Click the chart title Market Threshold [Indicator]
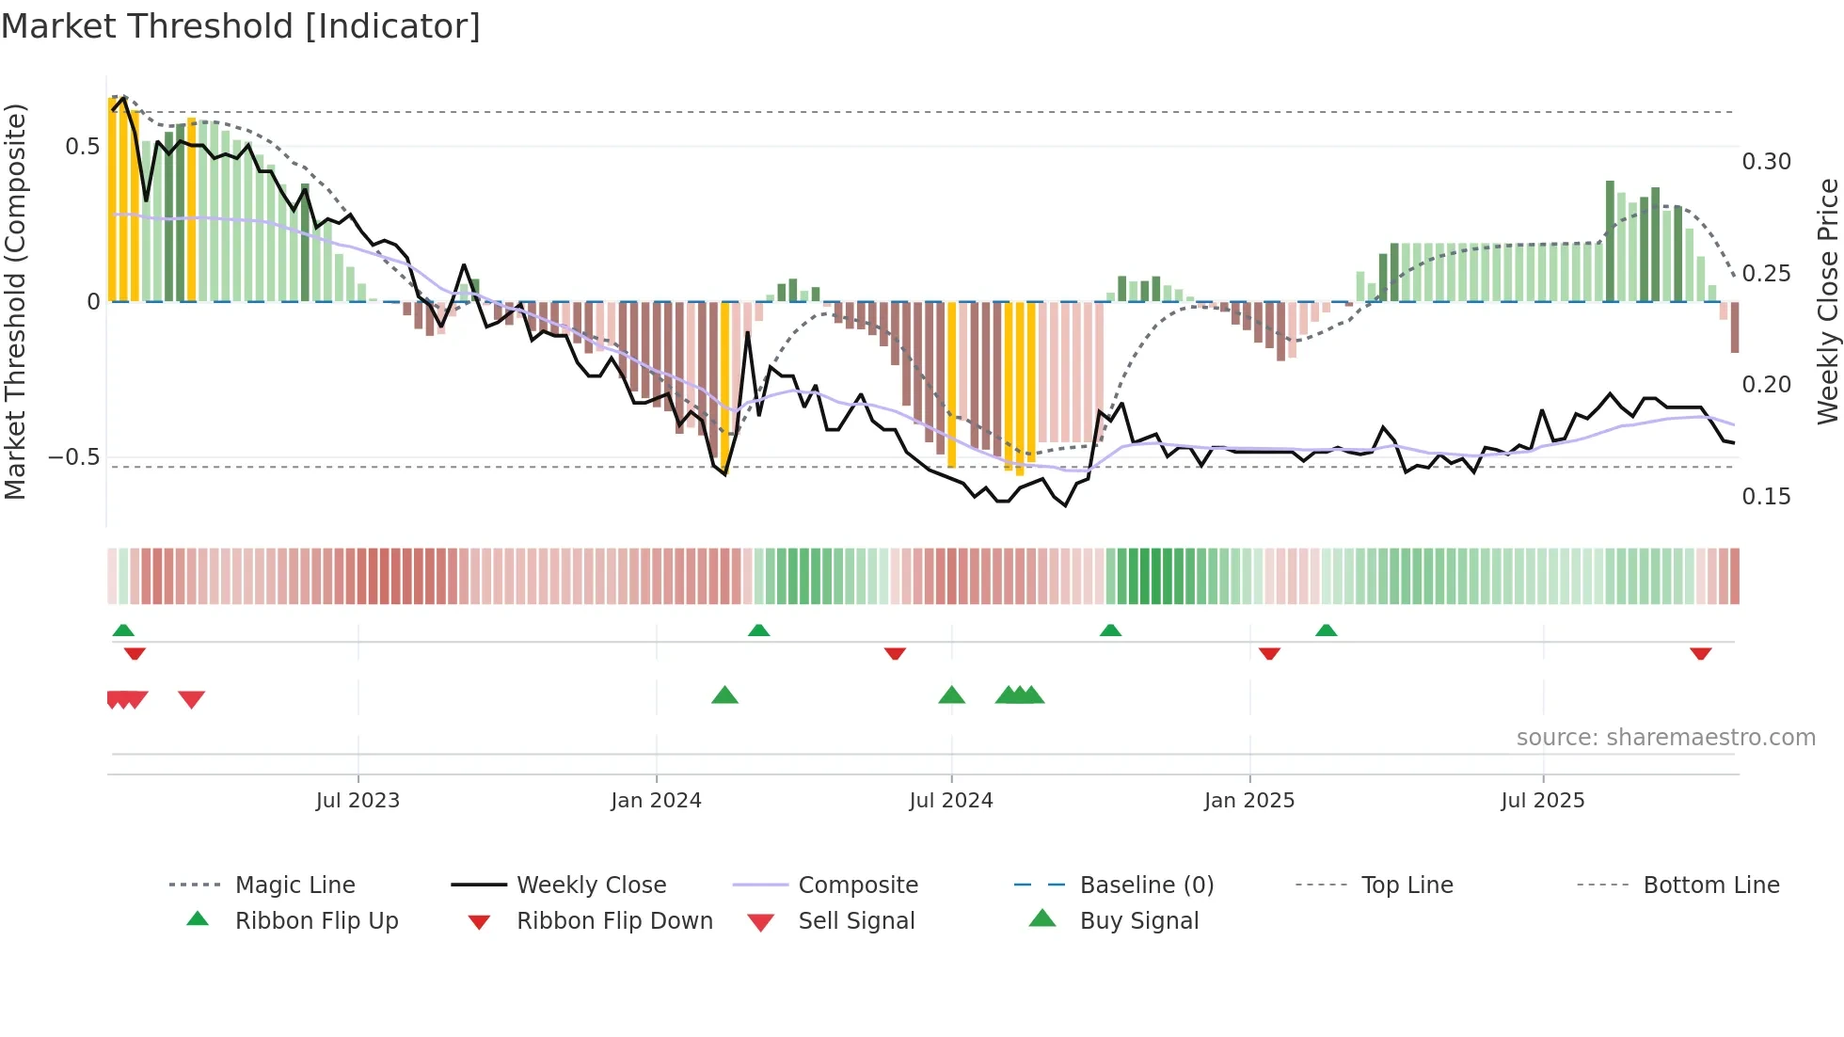[x=241, y=26]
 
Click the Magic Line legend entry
[x=294, y=885]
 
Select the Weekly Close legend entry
[x=591, y=885]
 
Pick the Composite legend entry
[x=857, y=885]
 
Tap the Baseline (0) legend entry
[x=1146, y=885]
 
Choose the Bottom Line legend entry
[x=1710, y=885]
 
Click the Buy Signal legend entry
[x=1138, y=920]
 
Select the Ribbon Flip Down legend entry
[x=613, y=920]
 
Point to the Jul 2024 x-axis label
[x=950, y=800]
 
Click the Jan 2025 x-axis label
[x=1248, y=800]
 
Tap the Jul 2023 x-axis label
[x=358, y=800]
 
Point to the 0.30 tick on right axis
[x=1766, y=162]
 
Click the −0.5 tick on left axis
[x=73, y=457]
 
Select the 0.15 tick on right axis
[x=1766, y=496]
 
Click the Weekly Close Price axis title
[x=1827, y=301]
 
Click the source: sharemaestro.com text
[x=1665, y=737]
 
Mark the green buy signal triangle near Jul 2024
[x=951, y=695]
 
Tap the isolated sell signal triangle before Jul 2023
[x=191, y=699]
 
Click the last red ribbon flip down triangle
[x=1700, y=653]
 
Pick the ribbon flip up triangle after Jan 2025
[x=1326, y=630]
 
